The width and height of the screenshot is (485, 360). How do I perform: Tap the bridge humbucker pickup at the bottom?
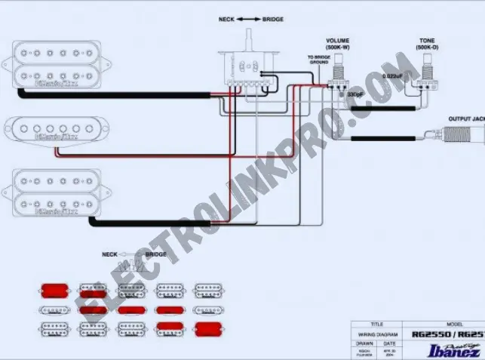pos(57,192)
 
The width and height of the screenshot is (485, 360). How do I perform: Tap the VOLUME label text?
pos(339,39)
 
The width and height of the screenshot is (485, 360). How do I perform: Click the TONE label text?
pos(428,39)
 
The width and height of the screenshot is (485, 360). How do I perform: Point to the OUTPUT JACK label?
pos(465,119)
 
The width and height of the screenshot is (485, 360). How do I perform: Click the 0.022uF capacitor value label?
pos(392,76)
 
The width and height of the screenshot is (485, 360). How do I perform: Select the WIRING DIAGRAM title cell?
pos(378,333)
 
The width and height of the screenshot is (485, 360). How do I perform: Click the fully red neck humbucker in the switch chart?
pos(54,290)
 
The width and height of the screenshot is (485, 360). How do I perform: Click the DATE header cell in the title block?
pos(389,342)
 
